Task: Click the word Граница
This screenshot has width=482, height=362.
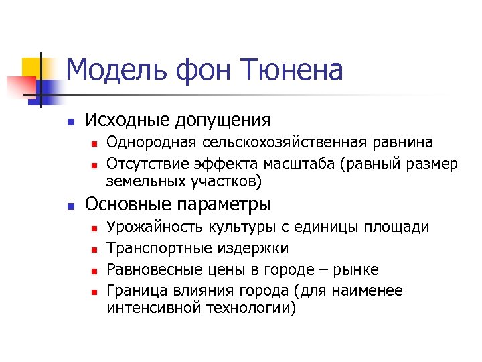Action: pos(135,292)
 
